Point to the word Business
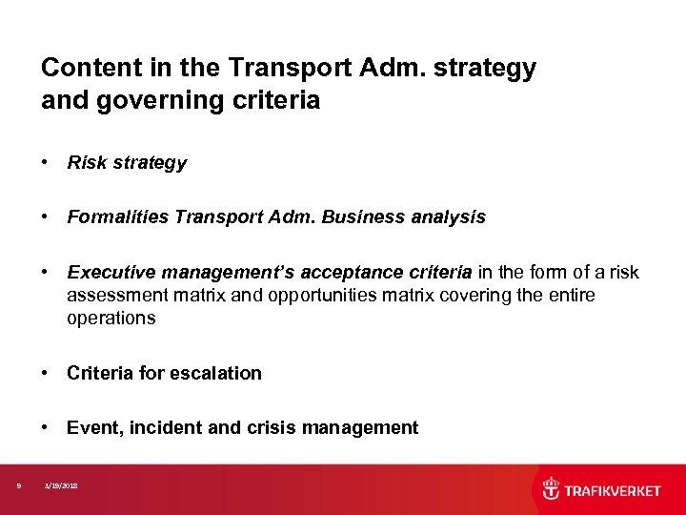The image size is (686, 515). (357, 217)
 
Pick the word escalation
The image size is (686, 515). (218, 374)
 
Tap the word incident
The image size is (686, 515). (164, 428)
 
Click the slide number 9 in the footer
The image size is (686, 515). (19, 486)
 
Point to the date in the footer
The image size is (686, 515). (62, 486)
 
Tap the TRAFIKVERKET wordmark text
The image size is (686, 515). (613, 490)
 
